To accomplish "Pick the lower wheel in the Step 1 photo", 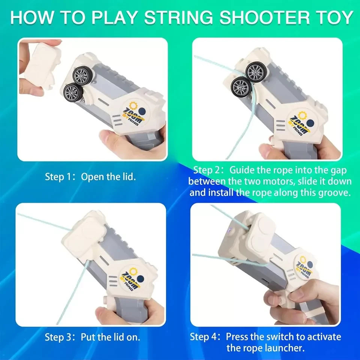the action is (73, 92).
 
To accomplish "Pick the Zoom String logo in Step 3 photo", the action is (132, 278).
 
